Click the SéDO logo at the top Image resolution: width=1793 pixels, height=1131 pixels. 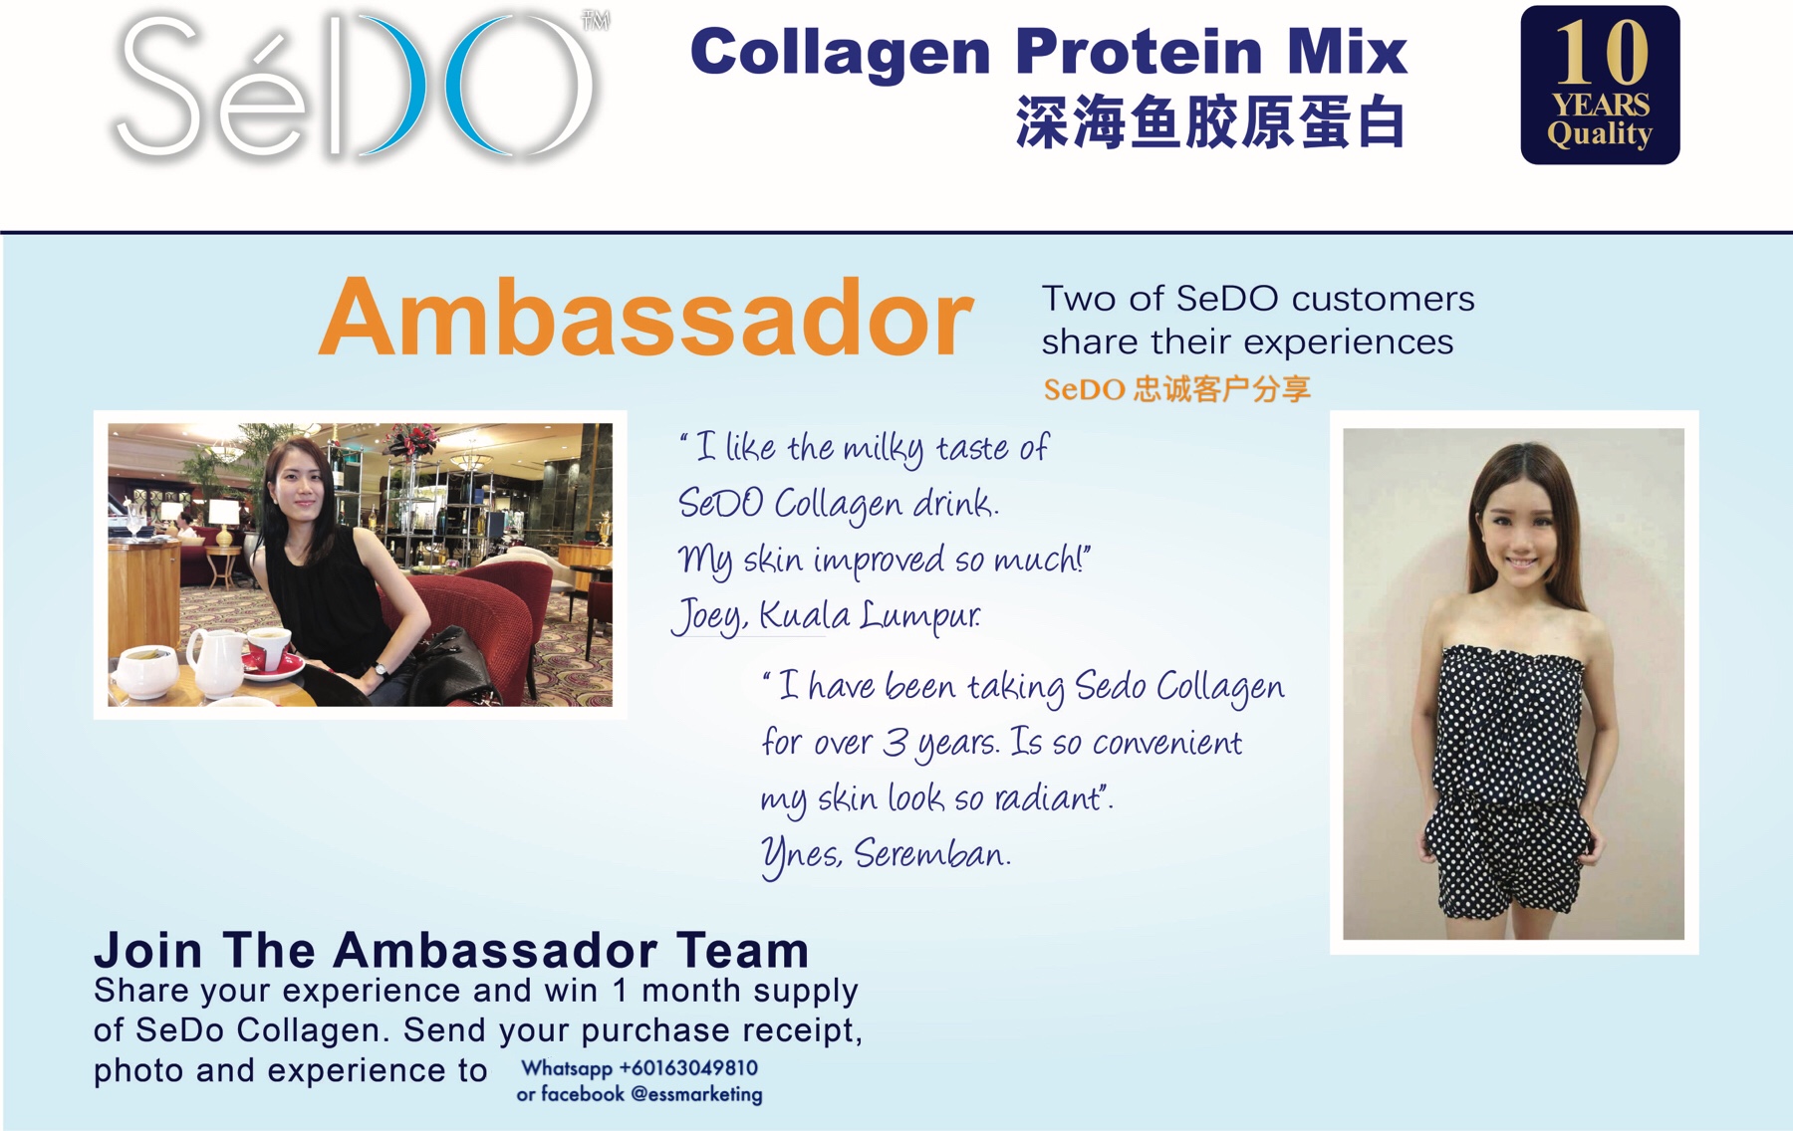[x=359, y=88]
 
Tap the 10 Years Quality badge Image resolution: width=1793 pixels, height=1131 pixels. [x=1600, y=85]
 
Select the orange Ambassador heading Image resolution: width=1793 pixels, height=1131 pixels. [x=645, y=318]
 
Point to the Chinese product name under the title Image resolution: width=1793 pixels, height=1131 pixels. [x=1209, y=123]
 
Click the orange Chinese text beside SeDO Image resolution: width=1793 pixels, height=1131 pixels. [x=1221, y=388]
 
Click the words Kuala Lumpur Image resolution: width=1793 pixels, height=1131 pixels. [x=870, y=615]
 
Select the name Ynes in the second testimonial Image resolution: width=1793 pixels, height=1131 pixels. [x=801, y=855]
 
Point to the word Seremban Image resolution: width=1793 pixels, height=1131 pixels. [x=932, y=853]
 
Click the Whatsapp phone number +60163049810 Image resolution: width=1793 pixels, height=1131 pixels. [x=688, y=1068]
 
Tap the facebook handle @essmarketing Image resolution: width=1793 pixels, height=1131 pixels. [x=696, y=1094]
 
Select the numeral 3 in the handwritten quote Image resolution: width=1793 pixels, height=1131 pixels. [x=896, y=743]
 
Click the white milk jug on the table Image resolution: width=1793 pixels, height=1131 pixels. [x=216, y=663]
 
